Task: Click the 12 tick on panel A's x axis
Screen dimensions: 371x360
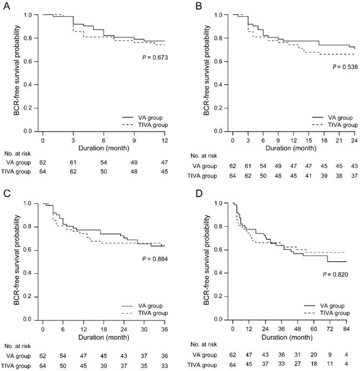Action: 164,140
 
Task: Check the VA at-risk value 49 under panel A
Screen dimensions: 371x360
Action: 134,161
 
